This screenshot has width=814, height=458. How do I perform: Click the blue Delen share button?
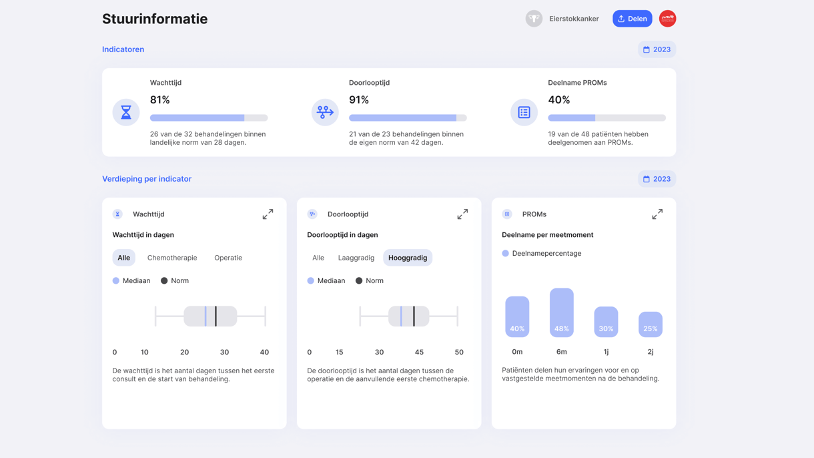[632, 19]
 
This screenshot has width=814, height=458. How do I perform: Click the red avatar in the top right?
[667, 19]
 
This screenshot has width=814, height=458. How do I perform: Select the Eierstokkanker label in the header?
[573, 19]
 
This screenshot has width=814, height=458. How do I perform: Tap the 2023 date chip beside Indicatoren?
[657, 49]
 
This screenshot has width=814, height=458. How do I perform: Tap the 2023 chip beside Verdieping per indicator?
[657, 179]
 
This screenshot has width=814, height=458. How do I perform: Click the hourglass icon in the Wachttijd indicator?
[126, 112]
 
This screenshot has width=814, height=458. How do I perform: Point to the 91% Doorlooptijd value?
[359, 100]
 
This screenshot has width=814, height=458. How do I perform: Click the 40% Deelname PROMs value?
[558, 100]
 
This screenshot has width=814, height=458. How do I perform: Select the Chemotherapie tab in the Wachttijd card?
[172, 258]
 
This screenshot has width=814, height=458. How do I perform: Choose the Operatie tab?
[228, 258]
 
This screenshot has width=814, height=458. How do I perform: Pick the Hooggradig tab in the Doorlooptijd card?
[408, 258]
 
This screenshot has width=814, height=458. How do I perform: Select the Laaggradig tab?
[356, 258]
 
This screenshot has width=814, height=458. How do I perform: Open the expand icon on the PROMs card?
[657, 214]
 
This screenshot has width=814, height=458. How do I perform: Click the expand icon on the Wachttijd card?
[268, 214]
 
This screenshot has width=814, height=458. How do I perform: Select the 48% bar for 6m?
[561, 312]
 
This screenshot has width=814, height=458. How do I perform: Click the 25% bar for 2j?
[651, 324]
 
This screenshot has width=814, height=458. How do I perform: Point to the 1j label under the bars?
[606, 352]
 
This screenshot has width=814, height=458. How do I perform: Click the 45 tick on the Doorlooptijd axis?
[419, 352]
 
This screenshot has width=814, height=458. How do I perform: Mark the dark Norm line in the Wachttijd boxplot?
[216, 316]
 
